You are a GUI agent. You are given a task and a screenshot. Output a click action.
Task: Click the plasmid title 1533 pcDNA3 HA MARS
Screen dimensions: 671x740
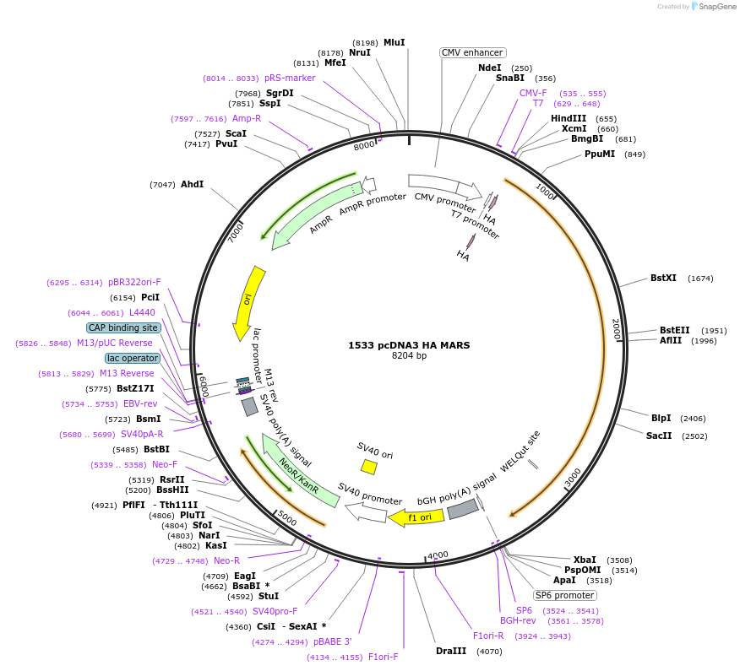pos(409,344)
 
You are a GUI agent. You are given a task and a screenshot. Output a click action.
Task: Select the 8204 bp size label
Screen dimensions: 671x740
pos(409,356)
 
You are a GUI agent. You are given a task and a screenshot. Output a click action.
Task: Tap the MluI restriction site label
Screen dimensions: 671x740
pos(394,42)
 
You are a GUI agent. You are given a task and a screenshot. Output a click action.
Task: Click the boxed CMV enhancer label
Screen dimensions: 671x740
pos(472,52)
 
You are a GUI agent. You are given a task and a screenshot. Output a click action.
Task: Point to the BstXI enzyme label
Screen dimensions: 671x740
pos(663,278)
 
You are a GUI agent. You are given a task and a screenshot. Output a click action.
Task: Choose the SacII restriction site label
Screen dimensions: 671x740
pos(659,436)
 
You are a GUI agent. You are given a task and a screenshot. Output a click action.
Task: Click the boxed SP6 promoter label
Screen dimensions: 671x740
pos(565,595)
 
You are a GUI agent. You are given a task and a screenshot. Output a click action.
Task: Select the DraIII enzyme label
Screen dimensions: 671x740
pos(451,651)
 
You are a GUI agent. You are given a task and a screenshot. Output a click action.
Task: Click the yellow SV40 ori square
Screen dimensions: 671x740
pos(368,467)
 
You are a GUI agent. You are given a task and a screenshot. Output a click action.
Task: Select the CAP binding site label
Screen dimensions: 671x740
pos(122,327)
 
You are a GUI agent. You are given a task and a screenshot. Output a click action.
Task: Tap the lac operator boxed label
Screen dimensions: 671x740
pos(133,358)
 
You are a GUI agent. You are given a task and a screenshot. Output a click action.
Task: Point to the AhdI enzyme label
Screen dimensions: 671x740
pos(192,184)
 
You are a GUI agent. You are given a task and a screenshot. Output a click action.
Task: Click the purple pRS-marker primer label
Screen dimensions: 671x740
pos(290,78)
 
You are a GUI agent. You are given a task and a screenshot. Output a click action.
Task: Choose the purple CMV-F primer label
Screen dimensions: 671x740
pos(533,93)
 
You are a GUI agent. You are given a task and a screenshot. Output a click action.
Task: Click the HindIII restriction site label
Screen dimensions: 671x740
pos(569,119)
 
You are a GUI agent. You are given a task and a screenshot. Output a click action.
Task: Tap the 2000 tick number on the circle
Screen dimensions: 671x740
pos(617,329)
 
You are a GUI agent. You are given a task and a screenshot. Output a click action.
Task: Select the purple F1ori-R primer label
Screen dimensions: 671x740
pos(488,636)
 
